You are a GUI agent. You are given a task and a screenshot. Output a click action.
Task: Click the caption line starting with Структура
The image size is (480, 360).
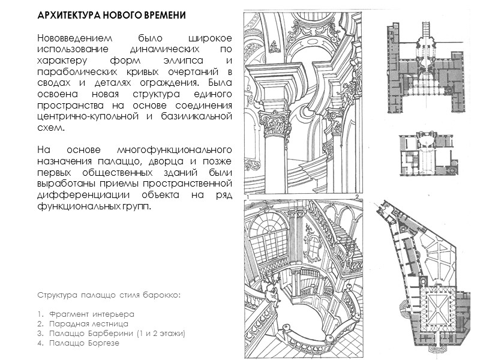(x=109, y=296)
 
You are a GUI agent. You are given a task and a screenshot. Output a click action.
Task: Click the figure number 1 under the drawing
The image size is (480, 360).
(x=247, y=197)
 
